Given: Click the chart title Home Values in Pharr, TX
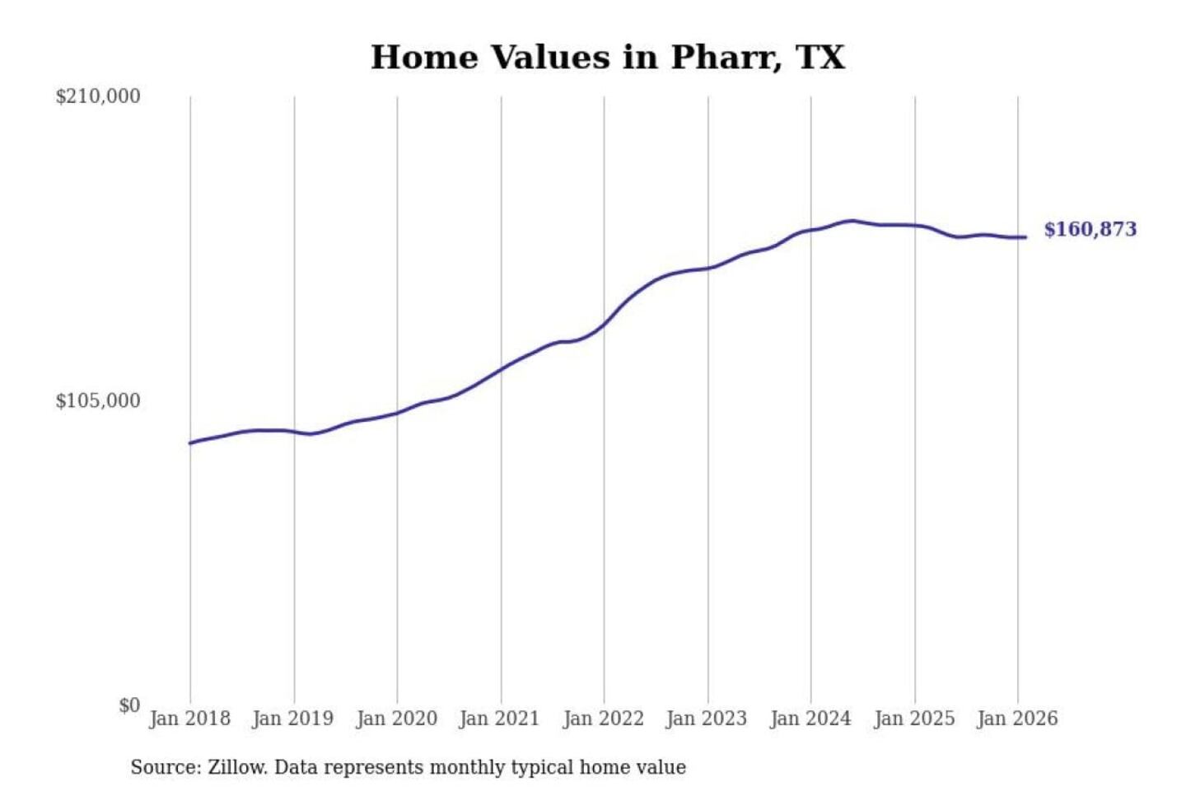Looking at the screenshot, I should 608,58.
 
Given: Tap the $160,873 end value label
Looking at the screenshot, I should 1090,229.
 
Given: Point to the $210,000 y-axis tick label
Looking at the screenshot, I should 98,96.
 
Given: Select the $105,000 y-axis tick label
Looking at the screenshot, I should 98,400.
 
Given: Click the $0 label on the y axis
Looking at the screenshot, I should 129,705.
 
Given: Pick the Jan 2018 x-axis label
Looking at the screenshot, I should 189,718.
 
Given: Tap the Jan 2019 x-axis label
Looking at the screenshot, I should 293,718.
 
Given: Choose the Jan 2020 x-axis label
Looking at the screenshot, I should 396,718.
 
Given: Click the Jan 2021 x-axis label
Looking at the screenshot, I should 499,718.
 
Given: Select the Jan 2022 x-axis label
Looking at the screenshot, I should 603,718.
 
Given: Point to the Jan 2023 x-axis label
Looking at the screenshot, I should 707,718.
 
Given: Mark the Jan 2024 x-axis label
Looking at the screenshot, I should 810,718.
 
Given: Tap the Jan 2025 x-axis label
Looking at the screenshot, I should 914,718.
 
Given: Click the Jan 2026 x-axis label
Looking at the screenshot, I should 1017,718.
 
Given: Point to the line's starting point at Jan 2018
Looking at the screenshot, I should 190,443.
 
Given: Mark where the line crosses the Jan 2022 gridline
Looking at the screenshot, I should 604,324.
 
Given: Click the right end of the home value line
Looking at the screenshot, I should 1025,237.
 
